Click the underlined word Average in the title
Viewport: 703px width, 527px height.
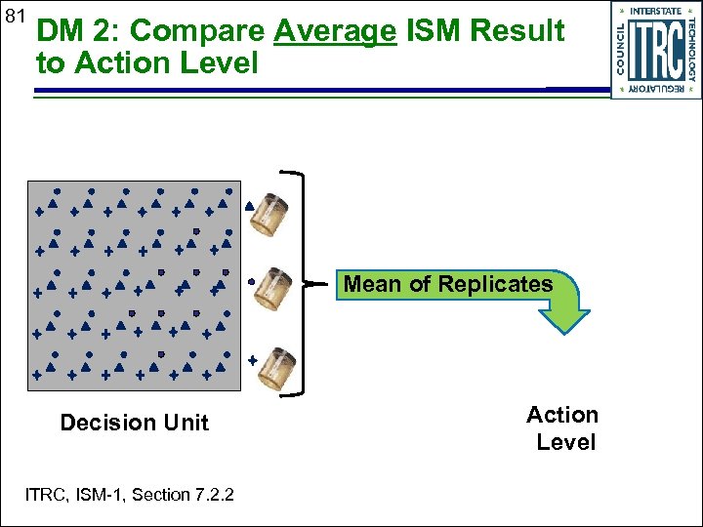(335, 31)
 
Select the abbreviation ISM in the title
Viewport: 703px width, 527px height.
(433, 31)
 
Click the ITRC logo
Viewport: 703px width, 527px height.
(656, 49)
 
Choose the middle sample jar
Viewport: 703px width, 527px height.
(272, 288)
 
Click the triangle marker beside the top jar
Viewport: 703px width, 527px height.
(249, 206)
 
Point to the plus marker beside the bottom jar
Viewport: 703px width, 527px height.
(252, 360)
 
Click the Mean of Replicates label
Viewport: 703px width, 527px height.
(448, 285)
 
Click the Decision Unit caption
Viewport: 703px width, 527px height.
(134, 423)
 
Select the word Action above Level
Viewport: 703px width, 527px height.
(562, 415)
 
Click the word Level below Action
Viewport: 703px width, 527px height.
(565, 442)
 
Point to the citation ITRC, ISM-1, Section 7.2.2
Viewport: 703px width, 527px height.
(129, 495)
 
